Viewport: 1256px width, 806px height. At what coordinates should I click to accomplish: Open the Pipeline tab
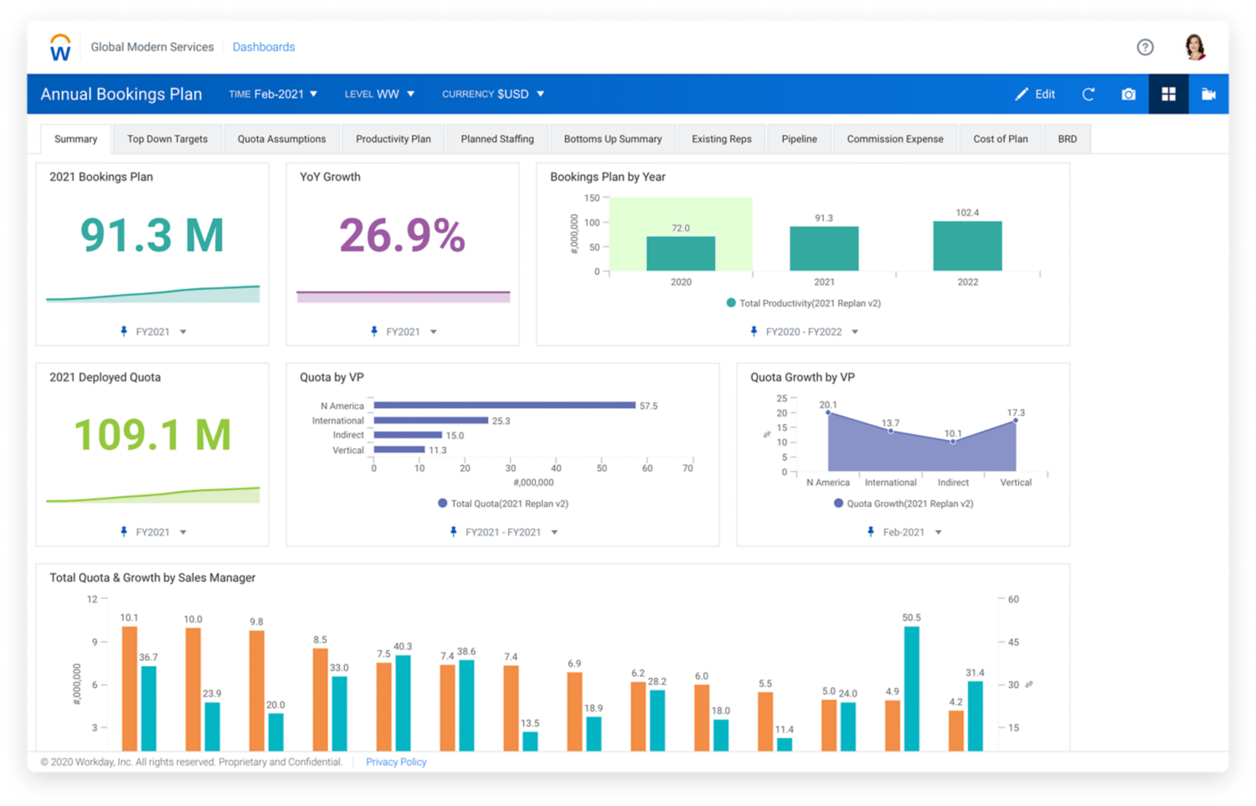coord(799,139)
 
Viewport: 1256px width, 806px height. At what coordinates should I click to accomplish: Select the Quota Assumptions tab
coord(281,139)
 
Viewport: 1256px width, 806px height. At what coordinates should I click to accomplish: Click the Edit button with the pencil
coord(1035,94)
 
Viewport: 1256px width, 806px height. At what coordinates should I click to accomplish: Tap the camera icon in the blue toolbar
coord(1128,94)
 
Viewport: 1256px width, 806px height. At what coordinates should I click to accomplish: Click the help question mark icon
coord(1145,47)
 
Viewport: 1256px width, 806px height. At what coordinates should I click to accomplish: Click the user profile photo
coord(1195,47)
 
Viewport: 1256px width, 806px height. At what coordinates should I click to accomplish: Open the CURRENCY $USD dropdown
coord(493,94)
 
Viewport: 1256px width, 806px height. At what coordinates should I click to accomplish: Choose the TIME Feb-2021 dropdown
coord(273,94)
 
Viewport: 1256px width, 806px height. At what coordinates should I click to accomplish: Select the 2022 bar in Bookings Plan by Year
coord(967,246)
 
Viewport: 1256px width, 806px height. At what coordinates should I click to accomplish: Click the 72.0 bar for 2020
coord(681,254)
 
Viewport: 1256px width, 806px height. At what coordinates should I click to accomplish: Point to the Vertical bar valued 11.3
coord(399,450)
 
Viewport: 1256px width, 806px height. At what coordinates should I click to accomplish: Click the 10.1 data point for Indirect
coord(953,442)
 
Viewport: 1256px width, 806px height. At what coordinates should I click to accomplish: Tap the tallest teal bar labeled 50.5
coord(912,687)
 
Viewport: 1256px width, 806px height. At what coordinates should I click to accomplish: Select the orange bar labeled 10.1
coord(130,687)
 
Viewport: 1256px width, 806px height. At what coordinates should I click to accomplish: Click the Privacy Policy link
coord(396,762)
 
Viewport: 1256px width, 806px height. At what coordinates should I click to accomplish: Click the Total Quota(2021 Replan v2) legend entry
coord(502,504)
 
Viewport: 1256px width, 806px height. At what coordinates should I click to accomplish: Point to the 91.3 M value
coord(152,235)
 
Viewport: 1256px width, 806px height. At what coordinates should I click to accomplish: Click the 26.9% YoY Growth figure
coord(402,235)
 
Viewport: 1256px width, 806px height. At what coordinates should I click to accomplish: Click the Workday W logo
coord(60,49)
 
